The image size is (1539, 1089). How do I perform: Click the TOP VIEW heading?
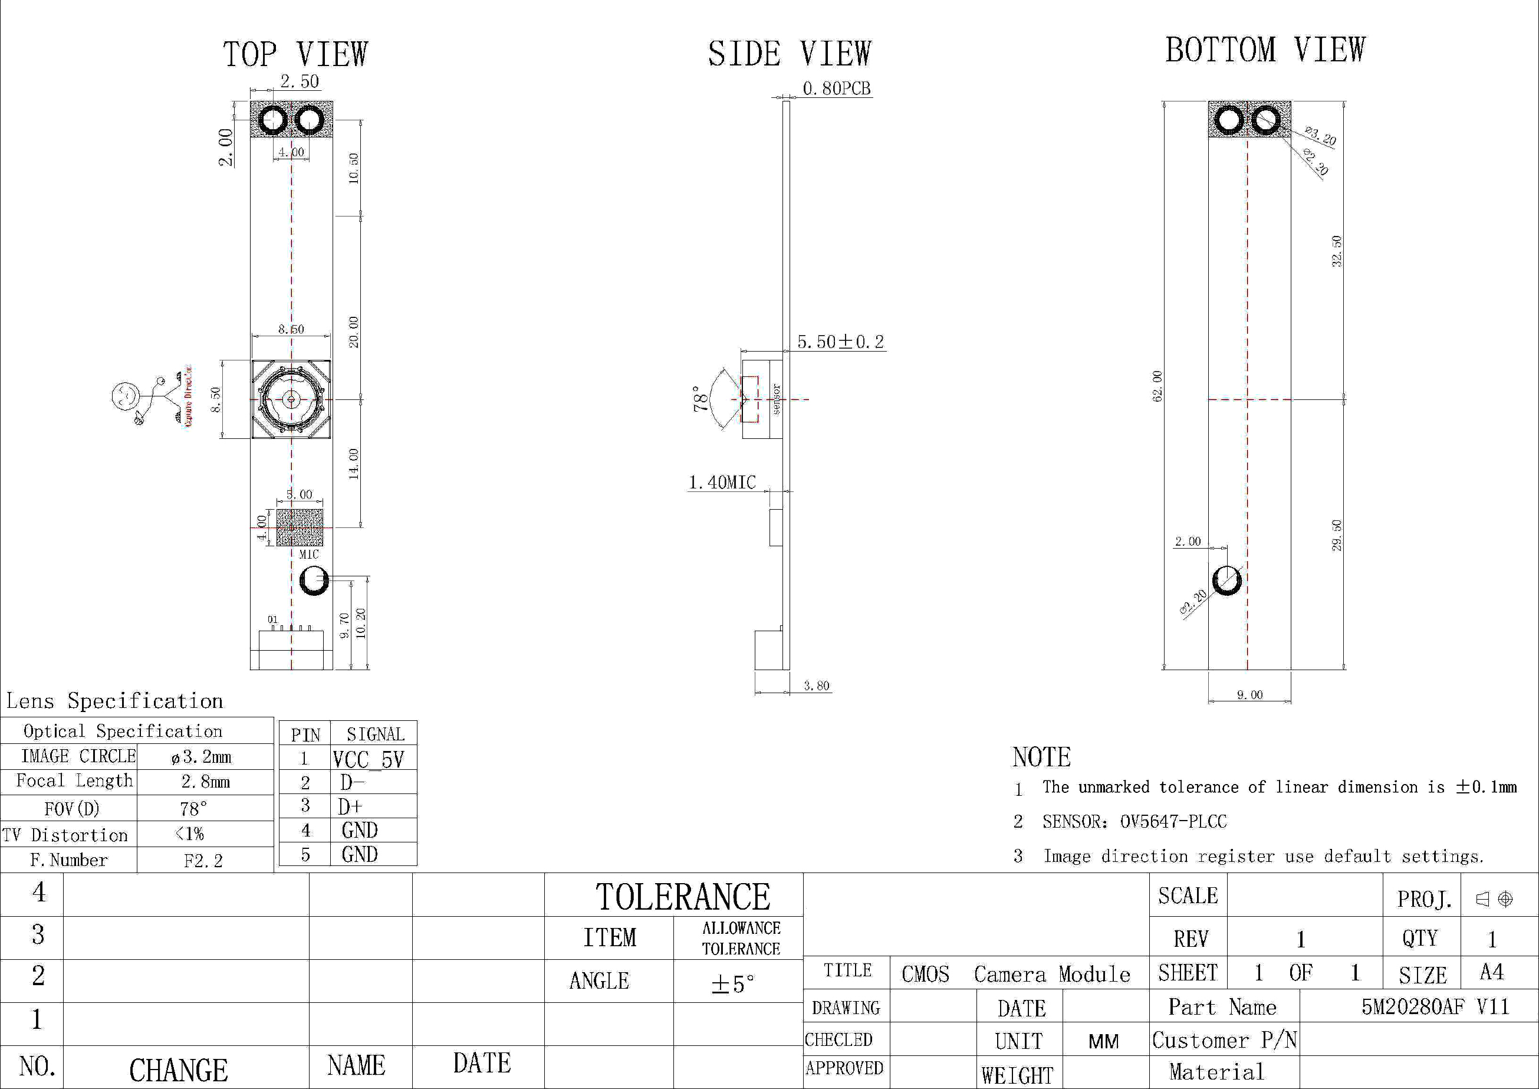[x=295, y=54]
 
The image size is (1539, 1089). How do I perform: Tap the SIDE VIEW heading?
[x=790, y=54]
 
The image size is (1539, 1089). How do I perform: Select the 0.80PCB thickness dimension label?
[x=836, y=88]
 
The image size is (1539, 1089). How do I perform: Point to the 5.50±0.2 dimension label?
[x=840, y=342]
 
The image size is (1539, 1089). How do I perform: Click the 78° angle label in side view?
[x=700, y=398]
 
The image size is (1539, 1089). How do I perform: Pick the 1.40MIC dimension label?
[x=722, y=483]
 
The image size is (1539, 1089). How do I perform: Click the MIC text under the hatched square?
[x=308, y=555]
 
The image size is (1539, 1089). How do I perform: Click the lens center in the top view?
[x=291, y=399]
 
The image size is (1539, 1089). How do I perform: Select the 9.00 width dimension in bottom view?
[x=1249, y=696]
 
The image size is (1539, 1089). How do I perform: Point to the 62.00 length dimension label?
[x=1157, y=386]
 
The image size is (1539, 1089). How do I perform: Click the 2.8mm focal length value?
[x=205, y=782]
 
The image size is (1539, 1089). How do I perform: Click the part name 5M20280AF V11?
[x=1435, y=1007]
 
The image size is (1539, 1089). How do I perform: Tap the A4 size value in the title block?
[x=1491, y=972]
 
